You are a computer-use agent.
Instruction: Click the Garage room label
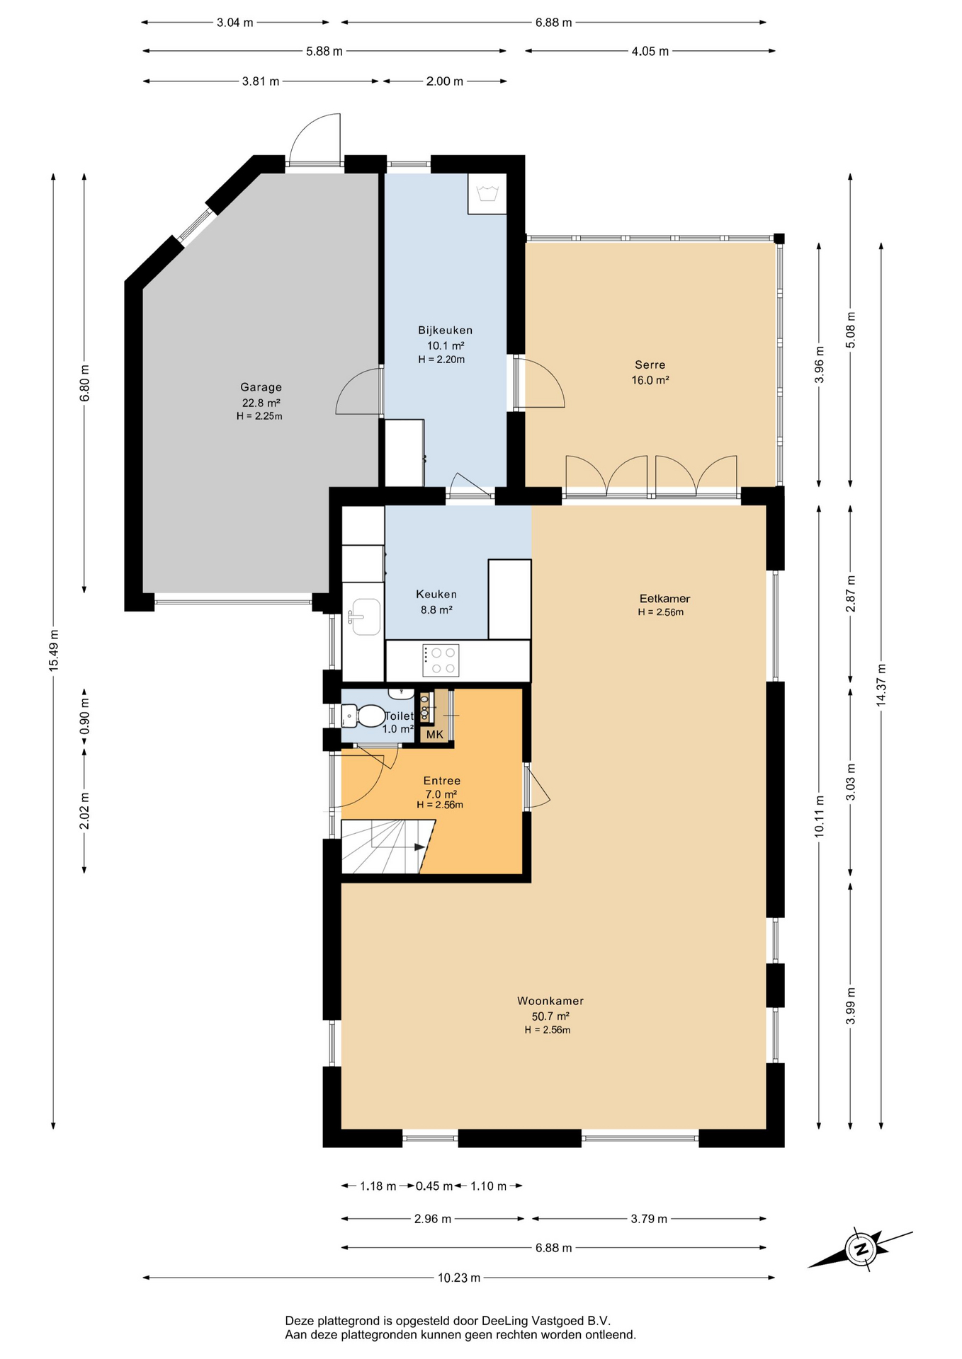[x=261, y=387]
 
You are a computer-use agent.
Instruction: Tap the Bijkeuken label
[x=445, y=331]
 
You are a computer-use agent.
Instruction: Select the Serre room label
[x=650, y=365]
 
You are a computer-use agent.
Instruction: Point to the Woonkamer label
[x=550, y=1001]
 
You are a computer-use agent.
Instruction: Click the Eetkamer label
[x=664, y=599]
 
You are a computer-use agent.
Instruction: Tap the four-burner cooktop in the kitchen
[x=441, y=660]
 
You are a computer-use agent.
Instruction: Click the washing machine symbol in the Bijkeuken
[x=487, y=193]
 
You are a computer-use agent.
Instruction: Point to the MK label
[x=435, y=735]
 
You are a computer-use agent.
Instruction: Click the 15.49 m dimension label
[x=54, y=650]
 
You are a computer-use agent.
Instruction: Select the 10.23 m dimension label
[x=459, y=1278]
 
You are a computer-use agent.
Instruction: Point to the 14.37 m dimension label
[x=881, y=685]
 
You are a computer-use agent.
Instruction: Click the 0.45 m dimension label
[x=434, y=1186]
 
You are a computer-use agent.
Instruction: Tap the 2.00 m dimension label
[x=445, y=81]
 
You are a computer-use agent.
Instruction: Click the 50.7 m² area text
[x=550, y=1016]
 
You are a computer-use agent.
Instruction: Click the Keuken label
[x=436, y=595]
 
